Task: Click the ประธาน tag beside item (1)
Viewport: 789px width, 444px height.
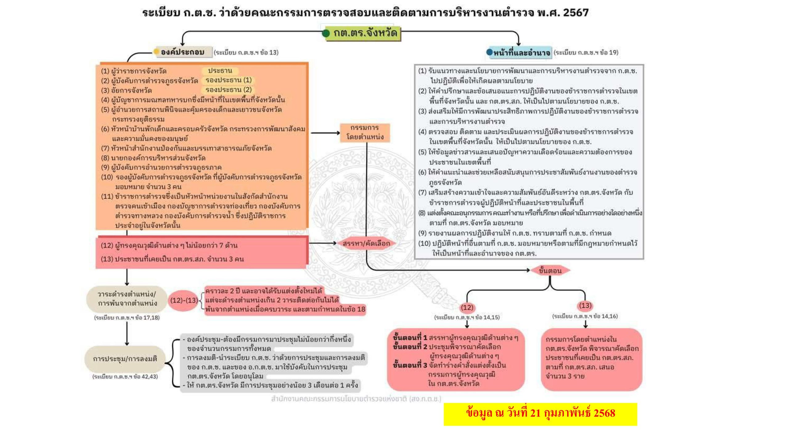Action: (220, 71)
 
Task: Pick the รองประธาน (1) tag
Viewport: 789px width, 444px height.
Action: (228, 80)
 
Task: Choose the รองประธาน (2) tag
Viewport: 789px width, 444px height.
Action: (228, 90)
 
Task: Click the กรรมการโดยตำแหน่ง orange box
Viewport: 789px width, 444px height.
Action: (365, 133)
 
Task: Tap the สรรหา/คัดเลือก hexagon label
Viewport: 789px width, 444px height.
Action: (366, 243)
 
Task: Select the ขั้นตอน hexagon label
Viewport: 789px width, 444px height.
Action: (550, 270)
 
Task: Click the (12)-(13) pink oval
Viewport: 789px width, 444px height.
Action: (184, 300)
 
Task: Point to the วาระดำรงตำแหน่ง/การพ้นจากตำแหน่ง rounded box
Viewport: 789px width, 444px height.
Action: (127, 299)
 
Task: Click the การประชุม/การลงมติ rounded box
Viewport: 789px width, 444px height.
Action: (125, 359)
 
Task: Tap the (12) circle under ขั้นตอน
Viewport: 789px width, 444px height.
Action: (467, 307)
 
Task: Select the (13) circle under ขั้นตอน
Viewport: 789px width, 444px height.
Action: (585, 306)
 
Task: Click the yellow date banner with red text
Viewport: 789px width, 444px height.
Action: (540, 414)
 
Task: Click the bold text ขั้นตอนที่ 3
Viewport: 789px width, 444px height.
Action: (410, 365)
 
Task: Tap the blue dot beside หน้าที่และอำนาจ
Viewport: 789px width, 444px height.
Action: (489, 52)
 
